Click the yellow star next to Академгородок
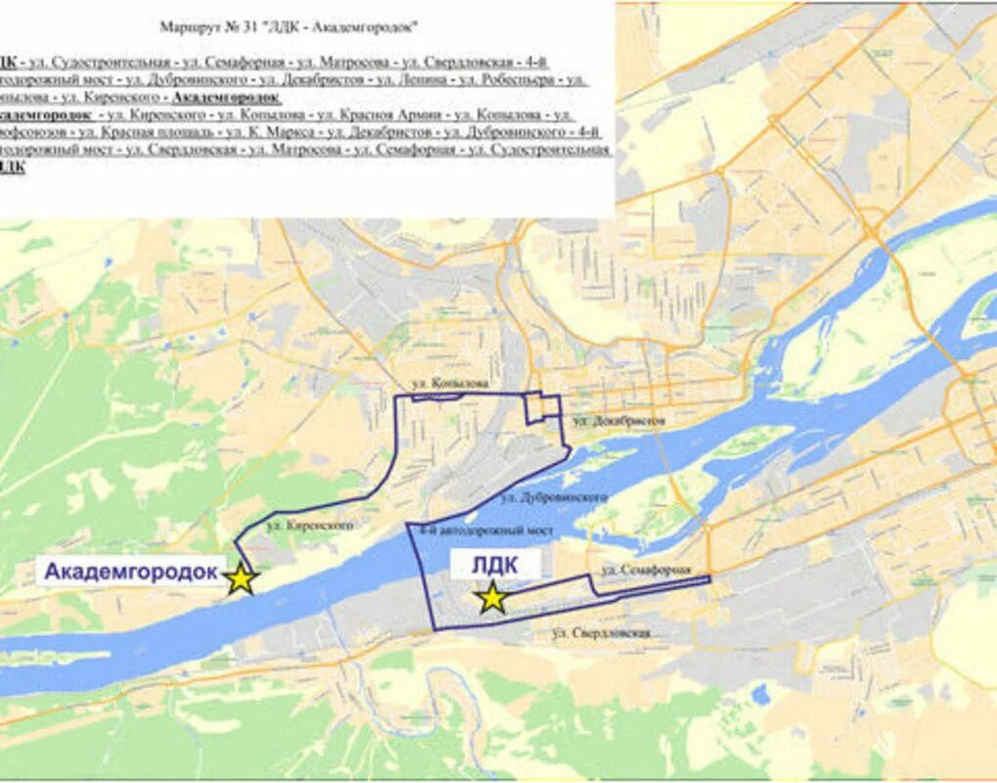click(241, 578)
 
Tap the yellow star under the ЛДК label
click(492, 597)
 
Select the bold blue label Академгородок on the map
click(131, 572)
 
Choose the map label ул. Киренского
click(321, 526)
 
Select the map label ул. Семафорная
click(646, 570)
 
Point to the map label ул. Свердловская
click(601, 634)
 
